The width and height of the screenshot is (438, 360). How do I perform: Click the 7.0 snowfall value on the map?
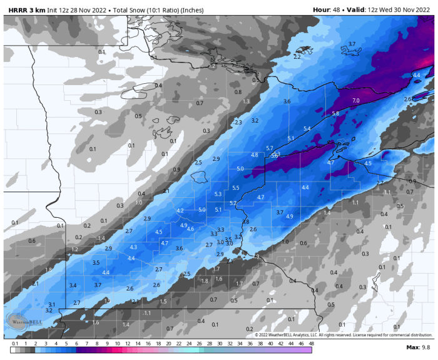click(356, 100)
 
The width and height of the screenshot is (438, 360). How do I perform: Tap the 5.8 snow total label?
click(335, 113)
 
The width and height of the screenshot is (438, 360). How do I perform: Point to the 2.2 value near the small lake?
click(297, 57)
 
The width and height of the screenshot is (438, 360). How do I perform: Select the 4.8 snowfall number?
click(255, 155)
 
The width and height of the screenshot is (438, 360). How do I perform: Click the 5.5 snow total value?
click(236, 188)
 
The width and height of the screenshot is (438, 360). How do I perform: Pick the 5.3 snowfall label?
click(218, 194)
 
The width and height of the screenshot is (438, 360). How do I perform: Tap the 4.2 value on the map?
click(180, 210)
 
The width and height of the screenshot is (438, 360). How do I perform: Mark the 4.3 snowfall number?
click(133, 247)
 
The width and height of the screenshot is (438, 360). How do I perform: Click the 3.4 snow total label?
click(73, 285)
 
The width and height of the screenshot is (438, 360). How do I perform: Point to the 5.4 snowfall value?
click(307, 128)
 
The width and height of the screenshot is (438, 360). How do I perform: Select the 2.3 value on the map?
click(238, 123)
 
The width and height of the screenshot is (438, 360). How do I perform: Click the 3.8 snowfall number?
click(245, 222)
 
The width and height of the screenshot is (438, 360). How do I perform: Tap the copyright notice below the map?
click(334, 335)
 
